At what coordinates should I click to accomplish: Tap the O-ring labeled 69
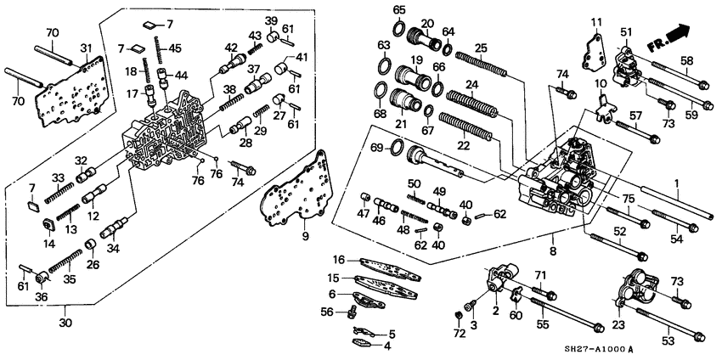396,151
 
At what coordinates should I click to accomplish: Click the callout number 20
427,23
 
